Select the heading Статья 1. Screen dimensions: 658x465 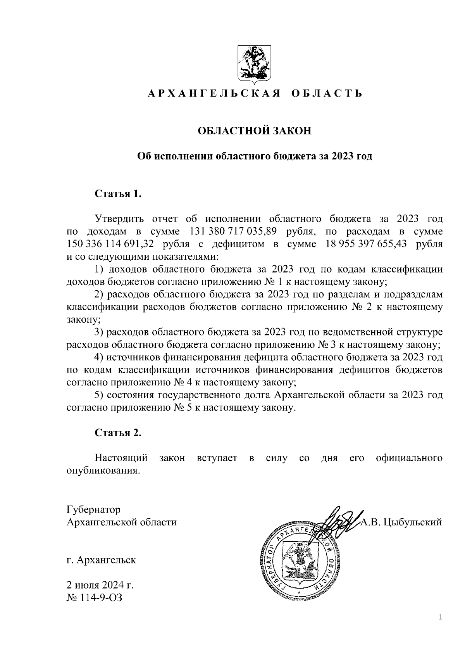pos(118,193)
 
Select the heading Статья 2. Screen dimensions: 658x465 pos(118,433)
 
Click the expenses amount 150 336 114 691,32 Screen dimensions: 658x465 pos(110,244)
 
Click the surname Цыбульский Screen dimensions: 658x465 pos(413,522)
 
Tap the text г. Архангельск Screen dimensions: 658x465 pos(101,560)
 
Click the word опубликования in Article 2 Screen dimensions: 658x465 pos(103,471)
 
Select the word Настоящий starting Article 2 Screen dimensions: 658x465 pos(121,458)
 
